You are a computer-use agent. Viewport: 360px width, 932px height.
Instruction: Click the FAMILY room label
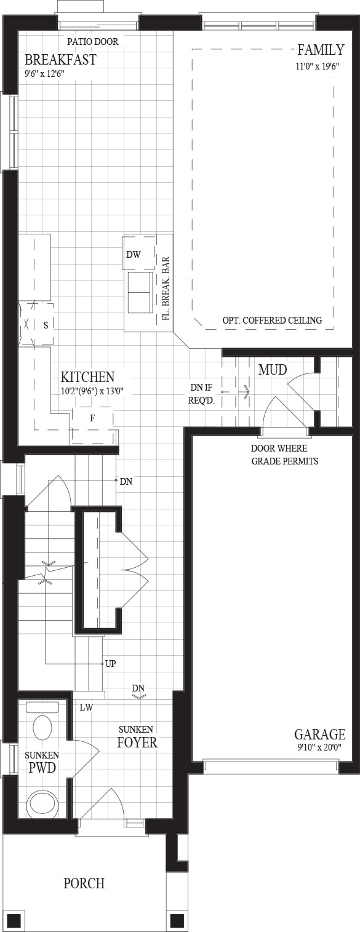[321, 50]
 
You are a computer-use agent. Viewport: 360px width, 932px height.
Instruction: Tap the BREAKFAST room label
[60, 60]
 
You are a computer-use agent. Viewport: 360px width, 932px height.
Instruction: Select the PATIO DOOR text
[93, 42]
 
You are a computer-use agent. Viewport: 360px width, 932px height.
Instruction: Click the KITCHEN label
[87, 377]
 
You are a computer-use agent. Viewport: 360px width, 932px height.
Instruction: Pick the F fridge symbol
[92, 418]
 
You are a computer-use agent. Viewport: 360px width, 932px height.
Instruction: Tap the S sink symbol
[46, 325]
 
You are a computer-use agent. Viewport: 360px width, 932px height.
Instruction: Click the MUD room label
[273, 370]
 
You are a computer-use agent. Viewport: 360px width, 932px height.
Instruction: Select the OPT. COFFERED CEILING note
[272, 321]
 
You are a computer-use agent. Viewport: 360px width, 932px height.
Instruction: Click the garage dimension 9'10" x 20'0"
[319, 747]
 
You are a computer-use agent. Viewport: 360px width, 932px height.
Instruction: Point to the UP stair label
[111, 664]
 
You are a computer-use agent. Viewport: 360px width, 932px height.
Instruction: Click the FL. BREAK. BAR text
[165, 287]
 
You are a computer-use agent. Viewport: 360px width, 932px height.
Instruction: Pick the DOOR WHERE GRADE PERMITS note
[285, 455]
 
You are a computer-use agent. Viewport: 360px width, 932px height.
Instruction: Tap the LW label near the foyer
[86, 707]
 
